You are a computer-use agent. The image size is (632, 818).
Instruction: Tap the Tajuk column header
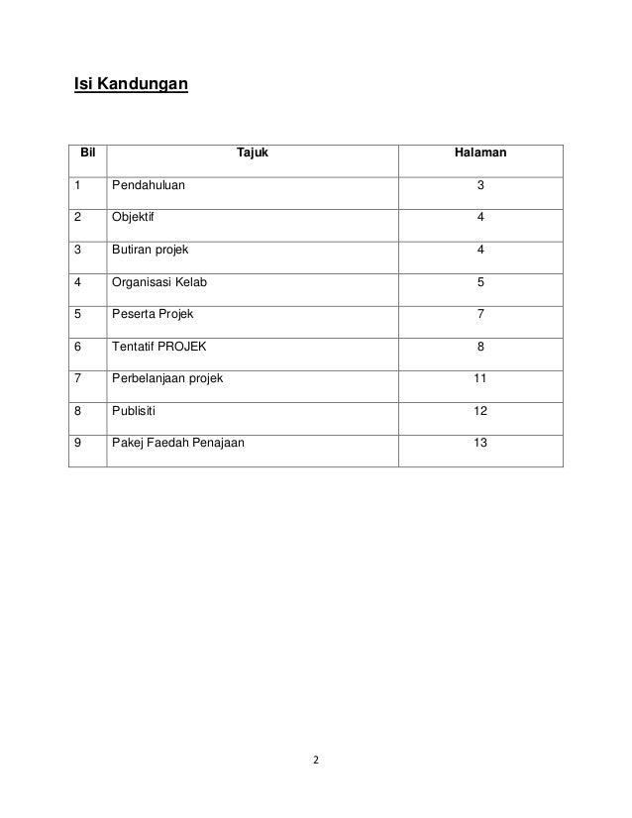coord(253,154)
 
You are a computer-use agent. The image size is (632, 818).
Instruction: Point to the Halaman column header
coord(479,154)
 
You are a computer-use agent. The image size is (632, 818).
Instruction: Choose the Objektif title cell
coord(134,217)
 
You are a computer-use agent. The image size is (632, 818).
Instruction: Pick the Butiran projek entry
coord(150,250)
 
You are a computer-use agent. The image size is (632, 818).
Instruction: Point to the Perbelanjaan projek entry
coord(167,378)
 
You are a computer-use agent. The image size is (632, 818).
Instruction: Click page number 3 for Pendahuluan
coord(480,185)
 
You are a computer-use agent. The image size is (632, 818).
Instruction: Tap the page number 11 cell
coord(480,378)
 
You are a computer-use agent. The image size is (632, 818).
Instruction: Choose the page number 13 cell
coord(480,443)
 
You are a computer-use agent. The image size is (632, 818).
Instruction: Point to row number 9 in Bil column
coord(76,443)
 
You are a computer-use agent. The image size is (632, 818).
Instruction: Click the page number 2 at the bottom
coord(315,761)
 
